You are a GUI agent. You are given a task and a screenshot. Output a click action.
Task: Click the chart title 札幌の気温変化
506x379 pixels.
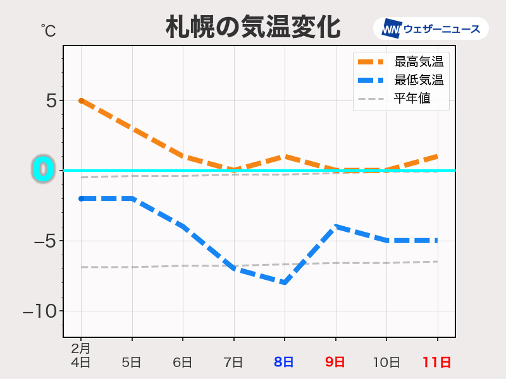coord(253,27)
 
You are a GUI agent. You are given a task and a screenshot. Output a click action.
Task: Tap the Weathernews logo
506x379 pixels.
coord(431,29)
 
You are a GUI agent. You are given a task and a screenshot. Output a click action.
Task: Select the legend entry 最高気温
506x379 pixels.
coord(418,62)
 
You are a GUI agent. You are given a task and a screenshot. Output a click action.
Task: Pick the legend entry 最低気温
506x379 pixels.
coord(418,80)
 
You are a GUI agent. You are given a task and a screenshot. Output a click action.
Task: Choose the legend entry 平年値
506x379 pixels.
coord(412,99)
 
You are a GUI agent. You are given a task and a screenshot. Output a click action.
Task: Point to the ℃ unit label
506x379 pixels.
coord(48,29)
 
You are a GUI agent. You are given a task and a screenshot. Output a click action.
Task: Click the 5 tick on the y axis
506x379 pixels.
coord(51,100)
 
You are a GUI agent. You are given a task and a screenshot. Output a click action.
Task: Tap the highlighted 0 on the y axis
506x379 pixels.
coord(43,170)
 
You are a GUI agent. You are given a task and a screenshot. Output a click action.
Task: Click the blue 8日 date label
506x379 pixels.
coord(284,363)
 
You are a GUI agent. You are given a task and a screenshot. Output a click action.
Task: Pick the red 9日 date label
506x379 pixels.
coord(335,363)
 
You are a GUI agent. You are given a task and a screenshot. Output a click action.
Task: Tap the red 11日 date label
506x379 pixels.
coord(437,363)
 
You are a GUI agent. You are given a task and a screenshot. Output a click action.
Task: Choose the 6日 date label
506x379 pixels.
coord(182,363)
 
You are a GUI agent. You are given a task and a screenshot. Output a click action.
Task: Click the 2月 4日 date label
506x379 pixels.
coord(80,356)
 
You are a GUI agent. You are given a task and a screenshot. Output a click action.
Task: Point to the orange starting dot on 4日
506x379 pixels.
coord(81,100)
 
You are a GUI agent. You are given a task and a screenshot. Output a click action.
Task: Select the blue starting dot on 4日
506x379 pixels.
coord(81,198)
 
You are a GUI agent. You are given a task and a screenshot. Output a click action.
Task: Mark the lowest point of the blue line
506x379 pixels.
coord(285,282)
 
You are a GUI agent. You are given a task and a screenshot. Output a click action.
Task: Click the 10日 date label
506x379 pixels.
coord(386,363)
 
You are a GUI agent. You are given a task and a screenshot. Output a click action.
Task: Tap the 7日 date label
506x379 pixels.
coord(233,363)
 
